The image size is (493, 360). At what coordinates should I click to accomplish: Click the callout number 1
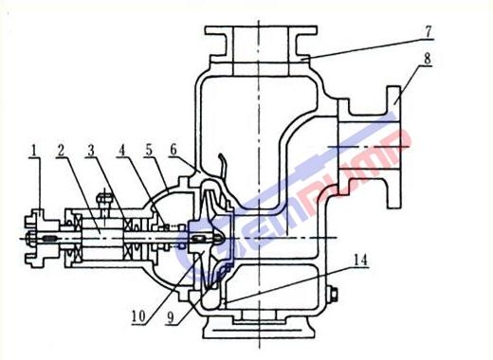(34, 151)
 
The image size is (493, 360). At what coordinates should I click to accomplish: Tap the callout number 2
(62, 151)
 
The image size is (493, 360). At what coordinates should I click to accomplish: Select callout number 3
(91, 151)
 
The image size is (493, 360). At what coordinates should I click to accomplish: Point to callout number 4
(122, 151)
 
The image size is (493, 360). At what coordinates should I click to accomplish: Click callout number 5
(149, 151)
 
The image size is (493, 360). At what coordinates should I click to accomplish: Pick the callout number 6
(173, 150)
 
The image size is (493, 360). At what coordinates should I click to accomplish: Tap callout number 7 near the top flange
(428, 31)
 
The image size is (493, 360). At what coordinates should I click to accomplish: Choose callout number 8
(428, 59)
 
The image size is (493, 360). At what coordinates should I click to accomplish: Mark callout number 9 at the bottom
(171, 317)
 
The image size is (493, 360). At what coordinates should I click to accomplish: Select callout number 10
(138, 316)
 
